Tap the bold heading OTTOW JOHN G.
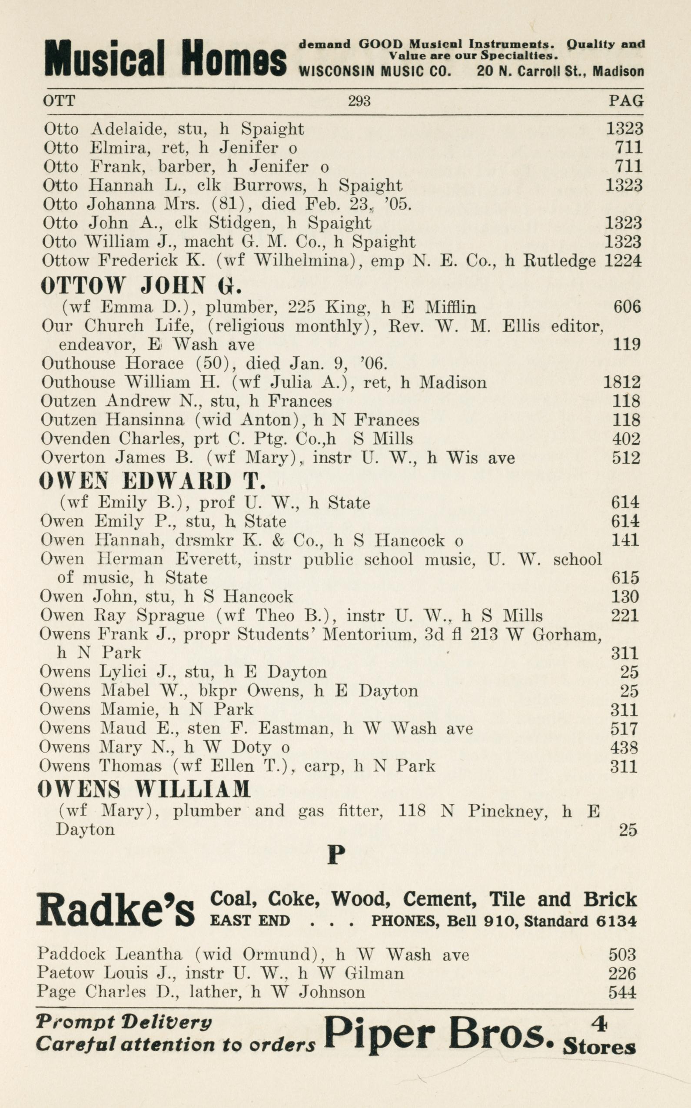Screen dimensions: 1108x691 click(x=141, y=286)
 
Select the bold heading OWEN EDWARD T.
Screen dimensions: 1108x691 click(x=152, y=481)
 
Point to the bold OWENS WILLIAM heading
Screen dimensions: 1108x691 click(x=144, y=789)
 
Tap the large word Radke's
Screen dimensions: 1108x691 click(x=116, y=908)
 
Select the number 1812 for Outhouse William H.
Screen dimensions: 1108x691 click(x=621, y=382)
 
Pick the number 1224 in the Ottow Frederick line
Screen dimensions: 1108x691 click(x=623, y=261)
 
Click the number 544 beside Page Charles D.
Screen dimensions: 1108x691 click(x=622, y=992)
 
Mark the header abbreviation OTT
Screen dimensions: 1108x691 click(x=59, y=100)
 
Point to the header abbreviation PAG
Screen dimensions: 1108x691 click(x=626, y=100)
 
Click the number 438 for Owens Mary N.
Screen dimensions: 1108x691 click(x=624, y=747)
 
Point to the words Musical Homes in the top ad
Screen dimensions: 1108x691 click(x=166, y=58)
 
